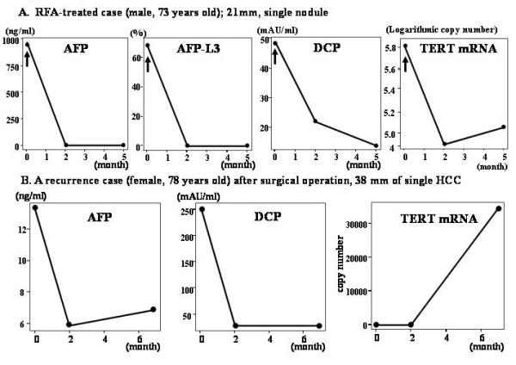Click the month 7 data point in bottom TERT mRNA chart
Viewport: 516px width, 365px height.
point(498,208)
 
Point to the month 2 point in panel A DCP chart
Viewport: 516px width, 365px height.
point(316,121)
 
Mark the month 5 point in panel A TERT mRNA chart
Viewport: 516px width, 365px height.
point(504,127)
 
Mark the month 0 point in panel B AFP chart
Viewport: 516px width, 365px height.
point(35,208)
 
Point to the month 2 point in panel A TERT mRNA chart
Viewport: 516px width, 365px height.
point(445,144)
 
